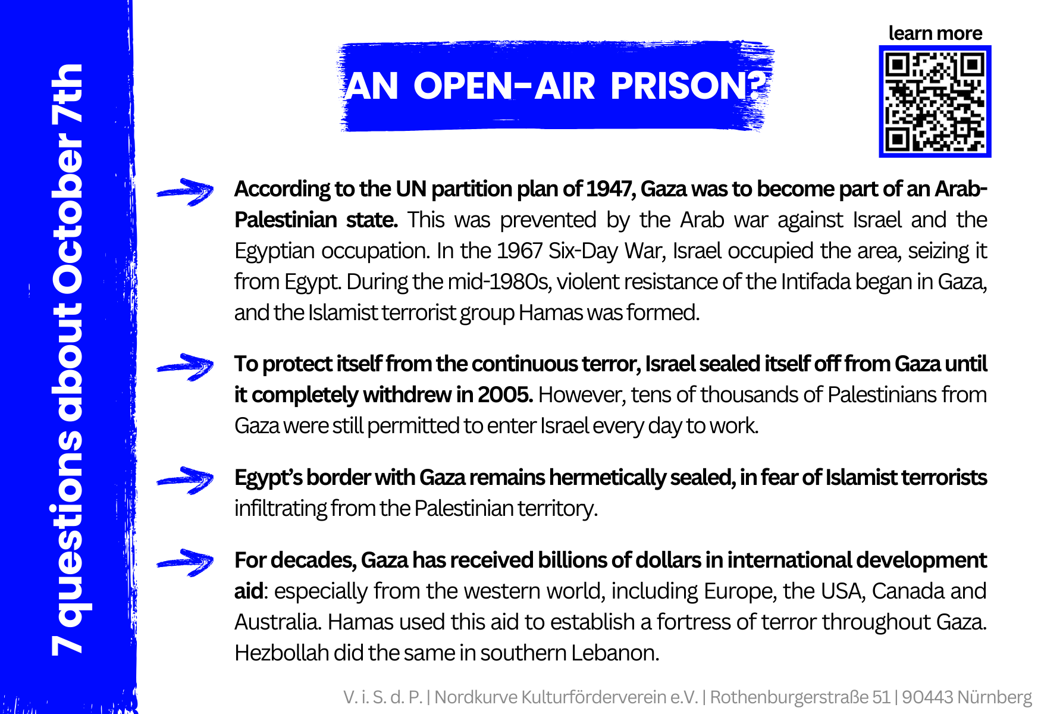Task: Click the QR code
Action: coord(935,102)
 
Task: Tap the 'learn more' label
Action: coord(935,33)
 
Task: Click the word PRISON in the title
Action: coord(685,86)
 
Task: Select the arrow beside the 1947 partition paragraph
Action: coord(185,192)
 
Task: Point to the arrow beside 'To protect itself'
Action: coord(185,367)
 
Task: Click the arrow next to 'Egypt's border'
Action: coord(185,480)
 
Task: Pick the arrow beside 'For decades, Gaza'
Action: coord(185,562)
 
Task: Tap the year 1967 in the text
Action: coord(519,251)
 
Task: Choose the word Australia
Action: coord(278,622)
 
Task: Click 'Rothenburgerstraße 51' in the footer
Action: coord(800,697)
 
